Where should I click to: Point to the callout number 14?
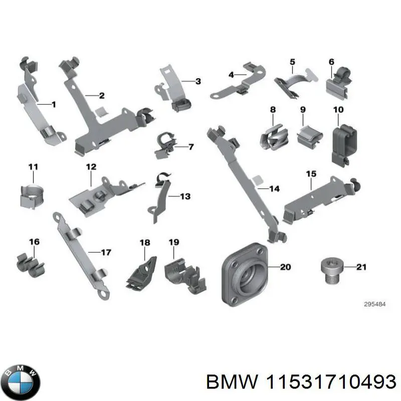pyautogui.click(x=274, y=189)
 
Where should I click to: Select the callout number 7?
pyautogui.click(x=190, y=147)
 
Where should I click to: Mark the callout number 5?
pyautogui.click(x=292, y=62)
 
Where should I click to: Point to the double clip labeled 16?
pyautogui.click(x=31, y=263)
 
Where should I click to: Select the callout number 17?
pyautogui.click(x=106, y=252)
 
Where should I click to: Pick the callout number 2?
pyautogui.click(x=101, y=95)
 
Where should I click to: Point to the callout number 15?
pyautogui.click(x=311, y=174)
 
